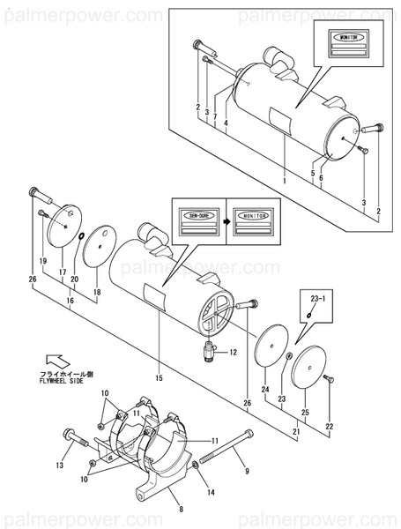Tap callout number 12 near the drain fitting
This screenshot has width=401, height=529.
tap(234, 352)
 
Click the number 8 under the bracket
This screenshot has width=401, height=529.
tap(179, 509)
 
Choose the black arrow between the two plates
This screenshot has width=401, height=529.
tap(225, 222)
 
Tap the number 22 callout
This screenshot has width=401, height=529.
tap(329, 427)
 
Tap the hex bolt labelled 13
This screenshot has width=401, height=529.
tap(76, 435)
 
